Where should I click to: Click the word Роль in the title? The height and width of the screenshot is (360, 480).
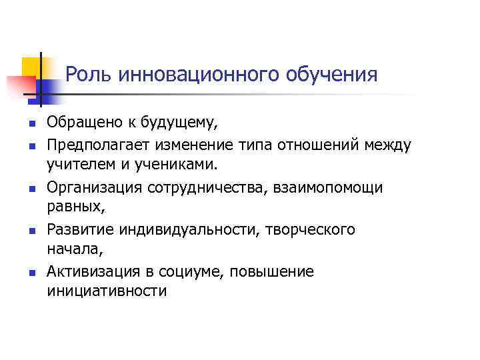pyautogui.click(x=89, y=75)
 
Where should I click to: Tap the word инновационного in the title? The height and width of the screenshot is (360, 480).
pyautogui.click(x=199, y=75)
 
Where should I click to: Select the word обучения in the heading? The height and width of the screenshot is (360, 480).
pyautogui.click(x=331, y=75)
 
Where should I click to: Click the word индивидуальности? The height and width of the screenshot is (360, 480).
pyautogui.click(x=191, y=230)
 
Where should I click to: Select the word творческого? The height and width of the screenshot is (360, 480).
pyautogui.click(x=313, y=230)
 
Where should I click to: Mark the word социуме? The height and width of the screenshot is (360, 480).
pyautogui.click(x=175, y=273)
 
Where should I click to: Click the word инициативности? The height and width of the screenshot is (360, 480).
pyautogui.click(x=107, y=291)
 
